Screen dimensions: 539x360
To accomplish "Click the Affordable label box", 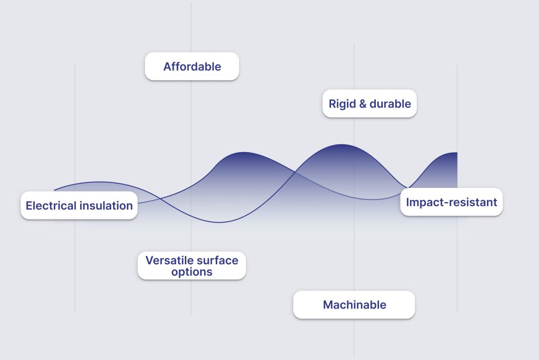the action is click(192, 66).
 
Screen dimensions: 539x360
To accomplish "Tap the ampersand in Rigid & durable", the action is click(363, 104).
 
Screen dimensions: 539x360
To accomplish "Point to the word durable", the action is click(390, 104).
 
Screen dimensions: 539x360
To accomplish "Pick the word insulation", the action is click(106, 206).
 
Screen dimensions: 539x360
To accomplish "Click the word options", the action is click(192, 272).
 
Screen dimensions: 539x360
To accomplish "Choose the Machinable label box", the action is click(354, 305).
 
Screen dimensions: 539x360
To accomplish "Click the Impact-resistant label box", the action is click(451, 202).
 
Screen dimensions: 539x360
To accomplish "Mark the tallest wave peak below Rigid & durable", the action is click(341, 144).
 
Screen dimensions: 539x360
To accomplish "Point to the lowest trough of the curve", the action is click(219, 223).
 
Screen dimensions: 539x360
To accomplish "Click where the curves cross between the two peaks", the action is click(295, 172).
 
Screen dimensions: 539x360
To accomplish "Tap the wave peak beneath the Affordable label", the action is click(244, 152).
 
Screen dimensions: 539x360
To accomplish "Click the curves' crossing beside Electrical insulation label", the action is click(160, 198).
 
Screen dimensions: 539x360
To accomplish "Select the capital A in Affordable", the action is click(167, 66).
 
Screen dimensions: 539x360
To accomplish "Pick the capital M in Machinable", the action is click(328, 305).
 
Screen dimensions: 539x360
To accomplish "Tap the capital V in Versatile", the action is click(149, 261).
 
